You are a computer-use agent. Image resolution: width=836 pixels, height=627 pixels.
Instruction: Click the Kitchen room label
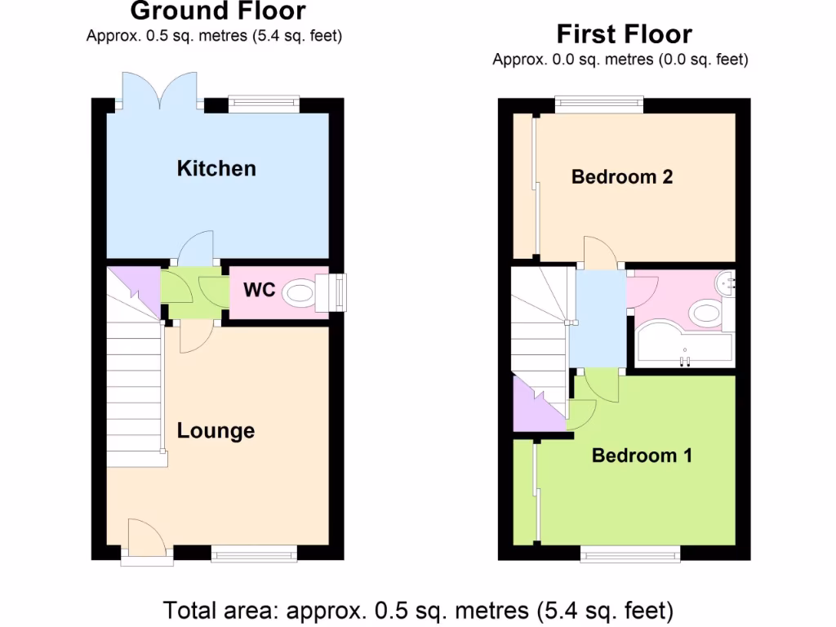coord(216,169)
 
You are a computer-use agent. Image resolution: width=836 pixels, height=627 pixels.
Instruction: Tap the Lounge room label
coord(216,431)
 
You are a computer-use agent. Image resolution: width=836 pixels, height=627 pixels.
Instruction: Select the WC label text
coord(259,291)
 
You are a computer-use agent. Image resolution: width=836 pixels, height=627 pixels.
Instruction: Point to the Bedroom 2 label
coord(622,176)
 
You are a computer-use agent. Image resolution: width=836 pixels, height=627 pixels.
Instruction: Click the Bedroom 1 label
coord(642,456)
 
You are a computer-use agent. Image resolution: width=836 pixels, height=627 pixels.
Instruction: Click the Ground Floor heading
coord(218,11)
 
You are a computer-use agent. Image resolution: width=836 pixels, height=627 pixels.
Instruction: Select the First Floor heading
coord(624,34)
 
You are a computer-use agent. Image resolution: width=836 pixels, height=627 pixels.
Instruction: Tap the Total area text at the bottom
coord(418,609)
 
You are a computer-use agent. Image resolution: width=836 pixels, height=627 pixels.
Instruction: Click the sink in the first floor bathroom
coord(725,282)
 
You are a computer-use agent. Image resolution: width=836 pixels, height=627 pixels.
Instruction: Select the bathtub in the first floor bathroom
coord(683,346)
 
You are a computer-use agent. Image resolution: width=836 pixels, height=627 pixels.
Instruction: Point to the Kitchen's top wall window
coord(263,104)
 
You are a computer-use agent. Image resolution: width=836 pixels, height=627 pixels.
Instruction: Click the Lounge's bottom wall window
coord(254,555)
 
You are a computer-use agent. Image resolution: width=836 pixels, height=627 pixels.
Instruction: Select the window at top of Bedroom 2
coord(599,104)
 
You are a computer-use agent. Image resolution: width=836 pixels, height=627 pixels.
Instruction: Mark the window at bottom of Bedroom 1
coord(630,555)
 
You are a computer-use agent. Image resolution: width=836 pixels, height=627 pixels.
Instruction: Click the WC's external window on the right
coord(336,291)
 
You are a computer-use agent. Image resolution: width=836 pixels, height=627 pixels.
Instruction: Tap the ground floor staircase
coord(134,384)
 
